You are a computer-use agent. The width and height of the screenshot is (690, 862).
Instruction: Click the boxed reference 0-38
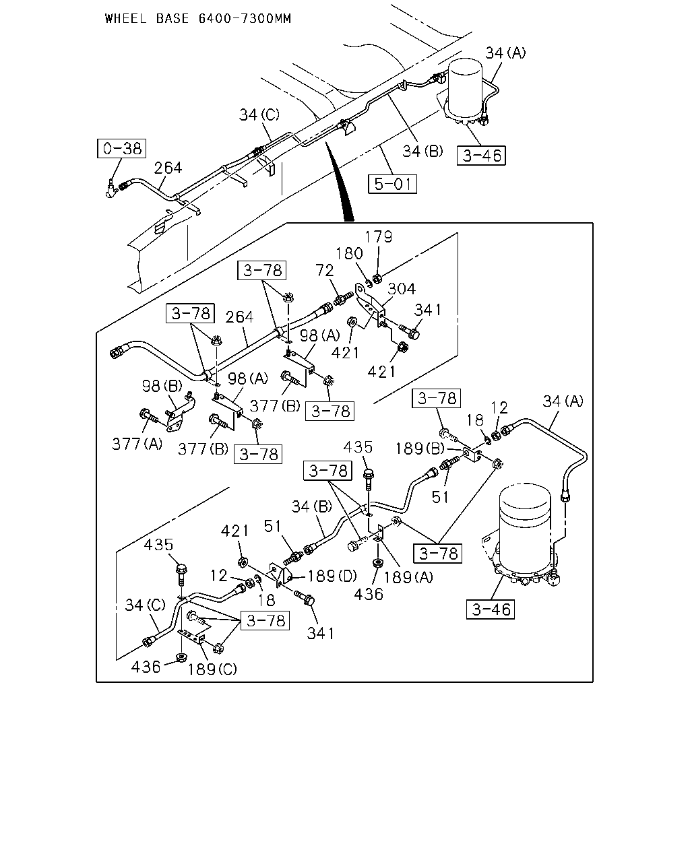(x=121, y=148)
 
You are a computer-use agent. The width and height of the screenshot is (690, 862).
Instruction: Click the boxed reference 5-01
(x=393, y=184)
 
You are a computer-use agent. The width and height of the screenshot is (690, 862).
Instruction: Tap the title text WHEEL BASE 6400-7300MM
(x=198, y=18)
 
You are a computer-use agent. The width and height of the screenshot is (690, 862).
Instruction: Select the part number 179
(x=379, y=236)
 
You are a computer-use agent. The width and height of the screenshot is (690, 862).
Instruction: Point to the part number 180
(x=349, y=253)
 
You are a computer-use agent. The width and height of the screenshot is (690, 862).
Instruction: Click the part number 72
(x=325, y=270)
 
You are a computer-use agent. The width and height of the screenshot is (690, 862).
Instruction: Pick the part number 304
(x=402, y=288)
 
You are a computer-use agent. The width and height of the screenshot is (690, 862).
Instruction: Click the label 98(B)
(x=162, y=386)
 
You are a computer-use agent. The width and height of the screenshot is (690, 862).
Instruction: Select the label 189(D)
(x=332, y=576)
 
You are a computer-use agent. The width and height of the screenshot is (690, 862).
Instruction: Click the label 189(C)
(x=212, y=669)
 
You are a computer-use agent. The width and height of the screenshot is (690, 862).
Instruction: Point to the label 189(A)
(x=408, y=577)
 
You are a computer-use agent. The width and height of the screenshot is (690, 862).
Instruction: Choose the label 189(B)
(x=420, y=449)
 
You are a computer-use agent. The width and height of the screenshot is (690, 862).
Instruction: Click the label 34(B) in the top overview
(x=422, y=151)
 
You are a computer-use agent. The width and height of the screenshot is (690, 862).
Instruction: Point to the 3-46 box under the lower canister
(x=491, y=609)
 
